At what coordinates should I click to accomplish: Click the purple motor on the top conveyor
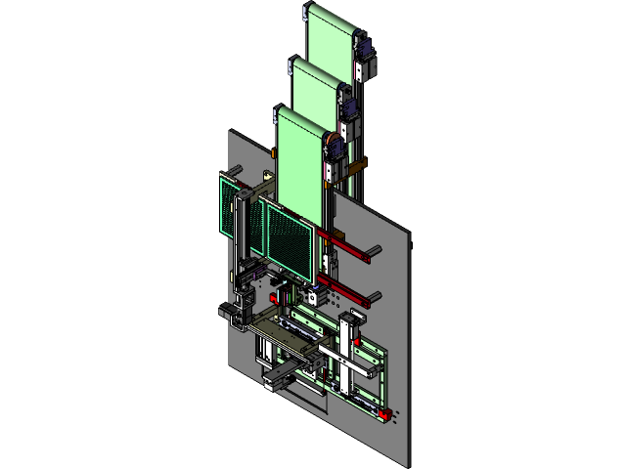(x=364, y=48)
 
